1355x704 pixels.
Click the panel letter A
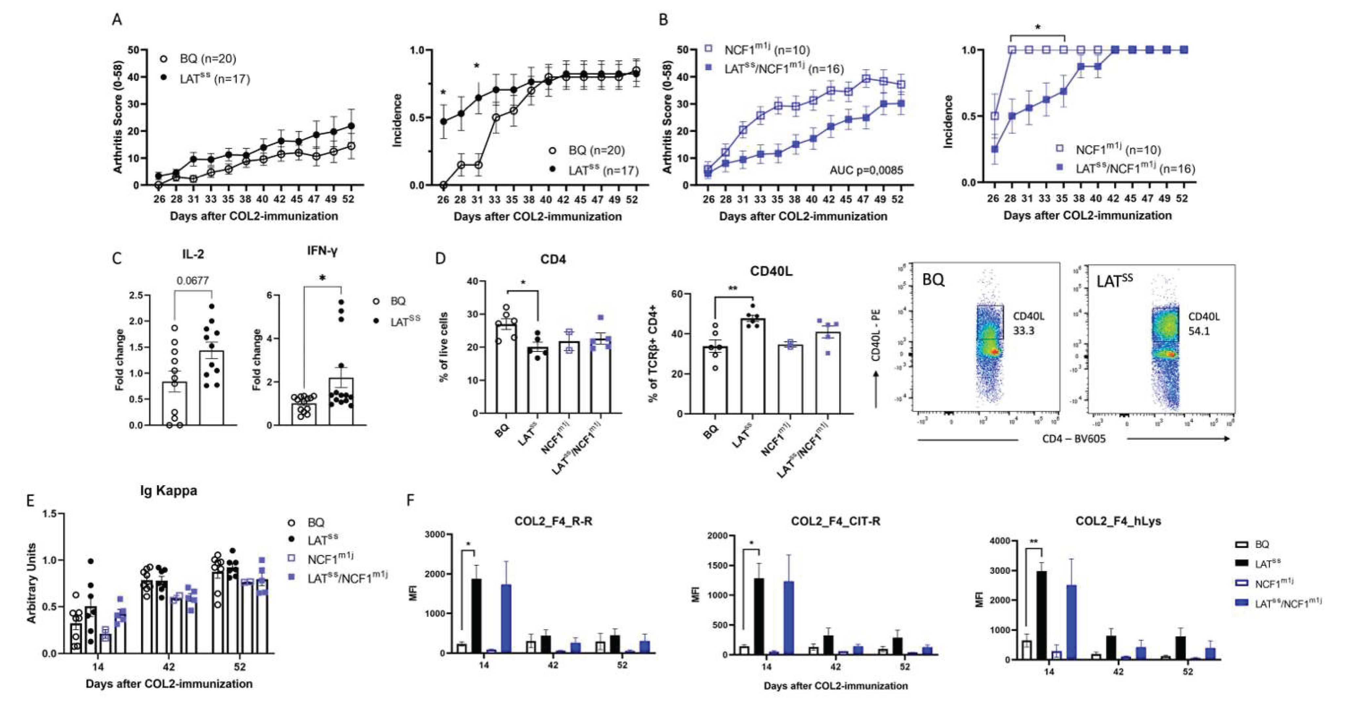117,20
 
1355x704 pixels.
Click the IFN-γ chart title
322,251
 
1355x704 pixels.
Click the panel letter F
411,500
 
